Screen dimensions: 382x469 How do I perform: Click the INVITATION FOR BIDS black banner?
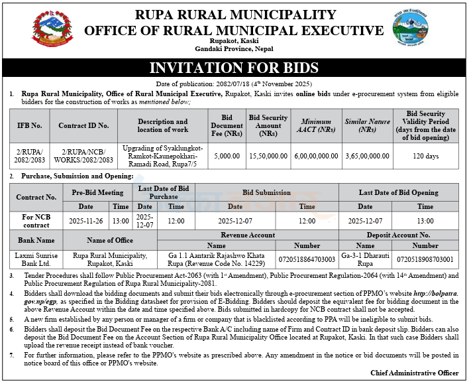(234, 68)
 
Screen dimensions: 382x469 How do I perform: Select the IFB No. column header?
(28, 125)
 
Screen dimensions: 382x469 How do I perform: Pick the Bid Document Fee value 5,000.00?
(227, 156)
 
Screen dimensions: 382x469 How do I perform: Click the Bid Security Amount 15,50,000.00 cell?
(268, 156)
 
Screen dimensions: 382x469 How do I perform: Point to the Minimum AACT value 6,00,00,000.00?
(316, 156)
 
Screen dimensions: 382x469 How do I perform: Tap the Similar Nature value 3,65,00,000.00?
(367, 156)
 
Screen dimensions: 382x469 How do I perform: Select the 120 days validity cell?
(426, 156)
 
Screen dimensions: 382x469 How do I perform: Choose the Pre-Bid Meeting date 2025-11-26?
(91, 221)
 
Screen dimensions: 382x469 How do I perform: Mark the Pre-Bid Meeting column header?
(97, 192)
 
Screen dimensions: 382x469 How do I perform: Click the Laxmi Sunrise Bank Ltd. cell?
(36, 259)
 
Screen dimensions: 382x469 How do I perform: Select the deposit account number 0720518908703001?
(425, 259)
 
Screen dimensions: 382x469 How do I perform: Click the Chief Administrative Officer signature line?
(414, 373)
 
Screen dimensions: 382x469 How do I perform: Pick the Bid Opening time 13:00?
(425, 221)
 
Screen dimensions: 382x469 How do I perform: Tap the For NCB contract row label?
(36, 221)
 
